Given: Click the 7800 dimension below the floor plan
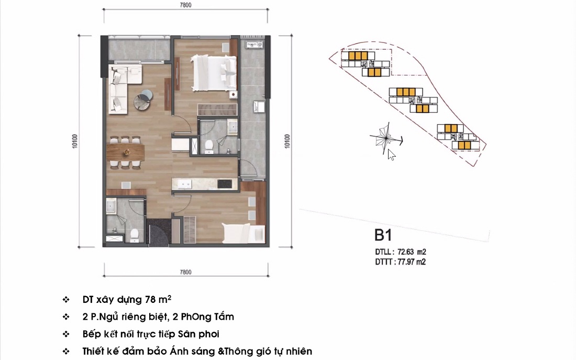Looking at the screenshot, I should click(185, 272).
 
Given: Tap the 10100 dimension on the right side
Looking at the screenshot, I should click(286, 141).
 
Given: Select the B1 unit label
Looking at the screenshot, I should click(383, 234).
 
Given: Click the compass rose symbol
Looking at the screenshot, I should click(385, 138).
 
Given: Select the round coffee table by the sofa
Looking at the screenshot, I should click(143, 100).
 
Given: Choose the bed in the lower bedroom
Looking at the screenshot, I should click(241, 232).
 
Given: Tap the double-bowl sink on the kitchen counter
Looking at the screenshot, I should click(184, 184).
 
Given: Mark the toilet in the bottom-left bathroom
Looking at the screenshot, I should click(134, 234).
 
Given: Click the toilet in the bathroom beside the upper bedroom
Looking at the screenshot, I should click(209, 145).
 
